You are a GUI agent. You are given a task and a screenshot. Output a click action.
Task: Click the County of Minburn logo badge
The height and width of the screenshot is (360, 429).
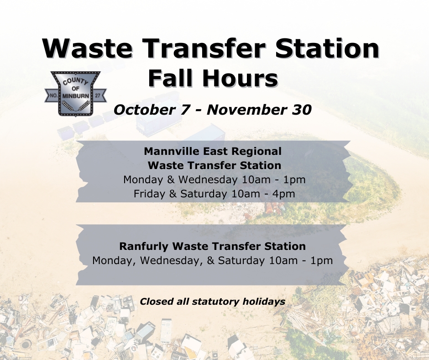[75, 94]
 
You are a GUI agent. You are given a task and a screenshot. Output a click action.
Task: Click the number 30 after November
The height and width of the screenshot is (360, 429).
[302, 110]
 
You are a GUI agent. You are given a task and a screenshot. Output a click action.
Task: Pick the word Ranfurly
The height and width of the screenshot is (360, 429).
[144, 246]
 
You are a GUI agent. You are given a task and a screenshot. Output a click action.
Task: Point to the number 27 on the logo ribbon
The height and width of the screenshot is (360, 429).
[98, 96]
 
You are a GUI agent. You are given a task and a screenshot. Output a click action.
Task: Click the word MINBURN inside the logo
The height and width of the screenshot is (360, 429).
[75, 96]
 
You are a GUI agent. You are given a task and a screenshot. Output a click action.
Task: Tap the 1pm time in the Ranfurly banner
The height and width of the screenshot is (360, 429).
[321, 260]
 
